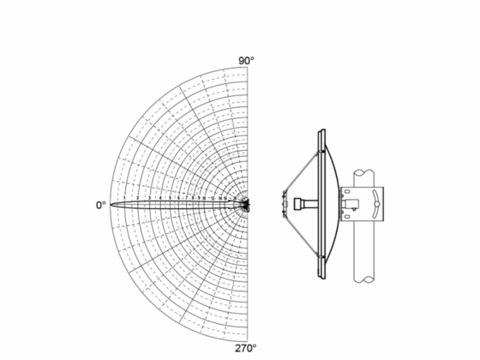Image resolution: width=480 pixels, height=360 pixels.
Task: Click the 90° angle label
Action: [x=247, y=61]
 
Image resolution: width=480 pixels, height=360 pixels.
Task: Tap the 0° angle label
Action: [x=100, y=205]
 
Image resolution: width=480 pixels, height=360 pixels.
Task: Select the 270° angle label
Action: [x=247, y=349]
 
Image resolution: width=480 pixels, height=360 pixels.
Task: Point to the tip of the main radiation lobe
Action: [x=112, y=205]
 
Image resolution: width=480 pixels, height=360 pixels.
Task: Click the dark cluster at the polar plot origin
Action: [x=247, y=205]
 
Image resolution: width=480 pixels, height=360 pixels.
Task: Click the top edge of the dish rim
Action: [x=321, y=131]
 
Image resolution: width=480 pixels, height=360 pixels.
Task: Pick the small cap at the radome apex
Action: [x=284, y=204]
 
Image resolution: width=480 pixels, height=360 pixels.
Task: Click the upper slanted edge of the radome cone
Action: [x=302, y=166]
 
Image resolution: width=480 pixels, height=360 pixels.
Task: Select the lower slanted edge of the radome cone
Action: [x=302, y=241]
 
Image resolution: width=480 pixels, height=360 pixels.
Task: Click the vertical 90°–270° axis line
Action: [x=248, y=129]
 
